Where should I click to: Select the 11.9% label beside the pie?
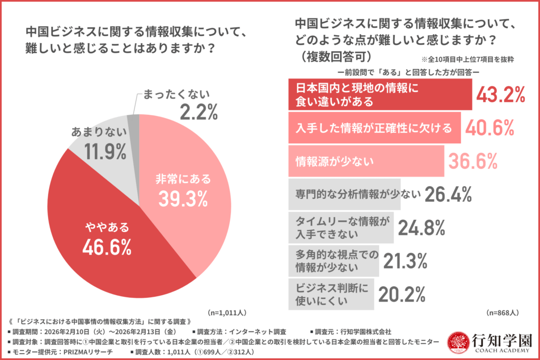coord(105,151)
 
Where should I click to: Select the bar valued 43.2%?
coord(379,94)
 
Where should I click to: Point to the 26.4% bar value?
coord(448,194)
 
